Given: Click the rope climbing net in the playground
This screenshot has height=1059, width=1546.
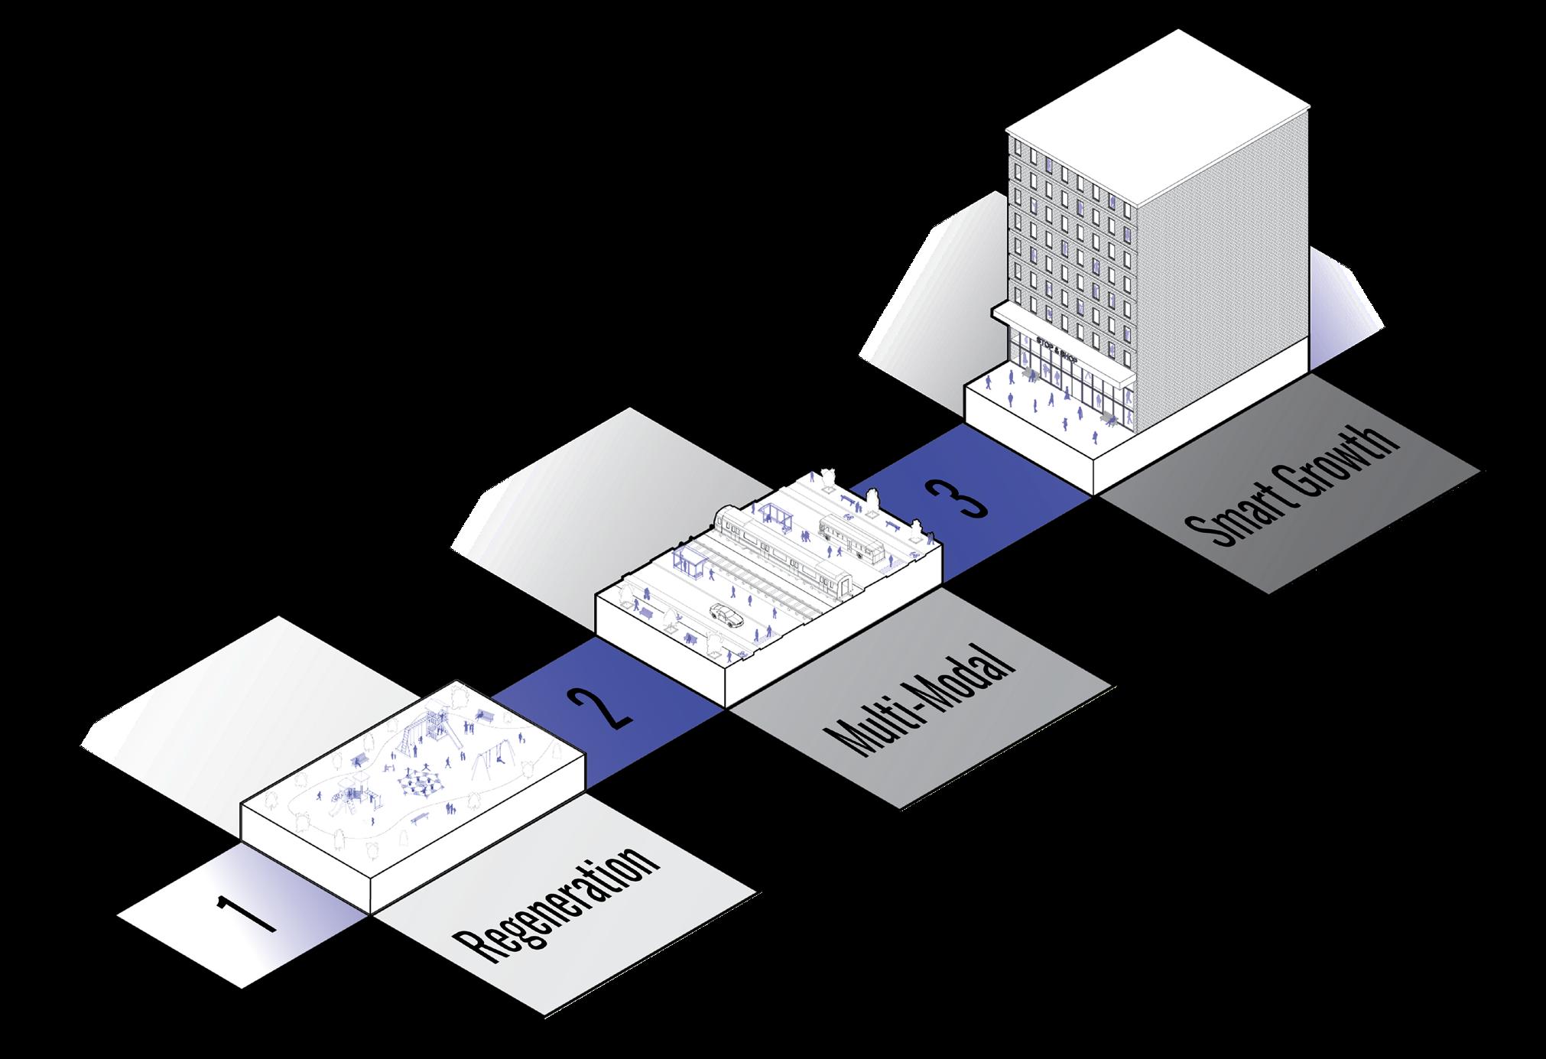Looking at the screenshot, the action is [417, 784].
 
